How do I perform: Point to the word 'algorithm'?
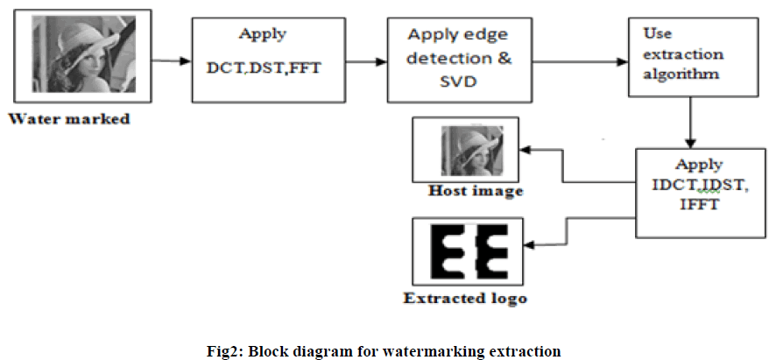coord(681,74)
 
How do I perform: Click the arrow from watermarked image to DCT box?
coord(170,61)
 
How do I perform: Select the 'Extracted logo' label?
coord(465,299)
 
